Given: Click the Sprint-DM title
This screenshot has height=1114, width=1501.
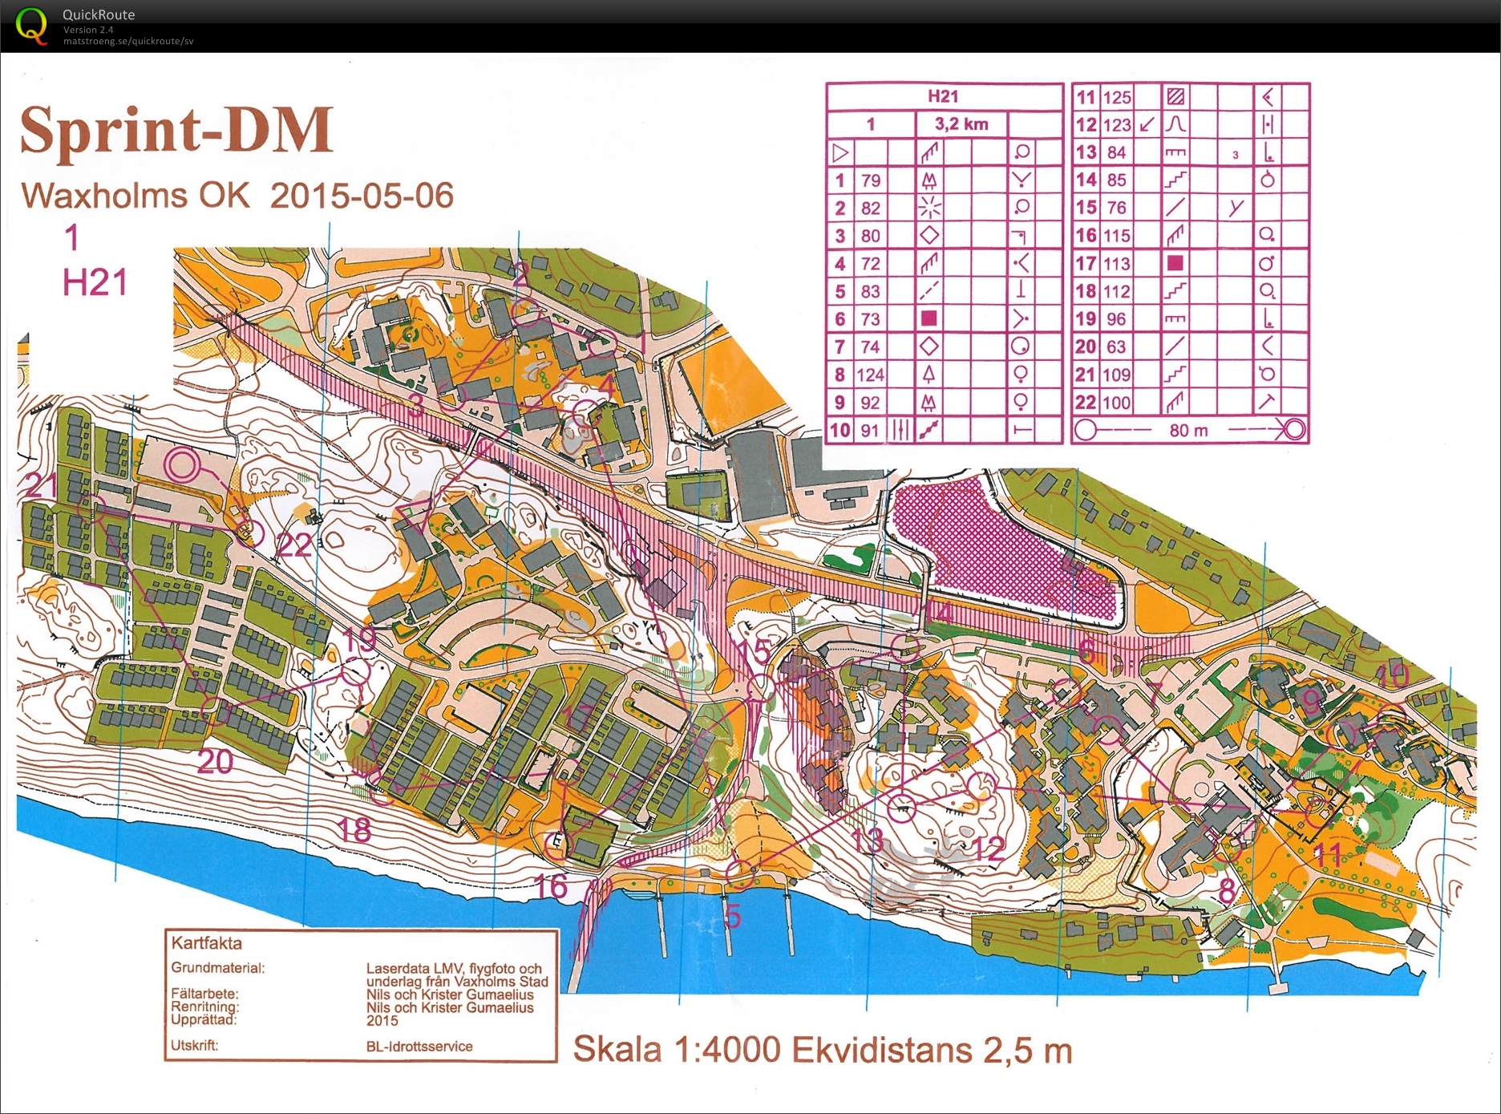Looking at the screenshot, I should pos(176,130).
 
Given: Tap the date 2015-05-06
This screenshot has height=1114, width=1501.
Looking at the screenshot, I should pos(362,196).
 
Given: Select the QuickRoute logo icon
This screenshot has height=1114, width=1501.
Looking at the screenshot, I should pos(31,26).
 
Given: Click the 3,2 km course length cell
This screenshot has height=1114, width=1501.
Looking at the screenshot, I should pos(961,124).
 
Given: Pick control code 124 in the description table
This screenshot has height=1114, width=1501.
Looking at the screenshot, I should pos(870,375).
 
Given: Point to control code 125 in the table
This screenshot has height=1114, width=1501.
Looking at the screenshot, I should pos(1116,98).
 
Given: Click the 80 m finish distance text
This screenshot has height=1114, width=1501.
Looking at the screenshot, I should pos(1188,431).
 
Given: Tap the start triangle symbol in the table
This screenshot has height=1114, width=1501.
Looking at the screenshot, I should pos(840,152).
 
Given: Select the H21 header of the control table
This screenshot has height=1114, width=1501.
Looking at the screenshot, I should pos(943,96).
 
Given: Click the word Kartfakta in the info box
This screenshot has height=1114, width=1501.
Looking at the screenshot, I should pos(206,944).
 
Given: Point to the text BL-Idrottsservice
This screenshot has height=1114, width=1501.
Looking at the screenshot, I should pos(419,1047).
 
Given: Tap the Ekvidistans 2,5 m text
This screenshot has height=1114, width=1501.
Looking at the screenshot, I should pos(932,1050).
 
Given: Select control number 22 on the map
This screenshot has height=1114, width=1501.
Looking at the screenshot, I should pos(293,545).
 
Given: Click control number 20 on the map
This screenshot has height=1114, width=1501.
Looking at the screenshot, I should pos(215,761).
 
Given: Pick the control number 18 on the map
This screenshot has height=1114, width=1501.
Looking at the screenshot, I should pos(354,829).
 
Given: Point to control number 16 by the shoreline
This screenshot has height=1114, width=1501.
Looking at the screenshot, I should pos(551,886).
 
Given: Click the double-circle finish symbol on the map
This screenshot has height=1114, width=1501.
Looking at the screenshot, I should pos(182,464).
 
